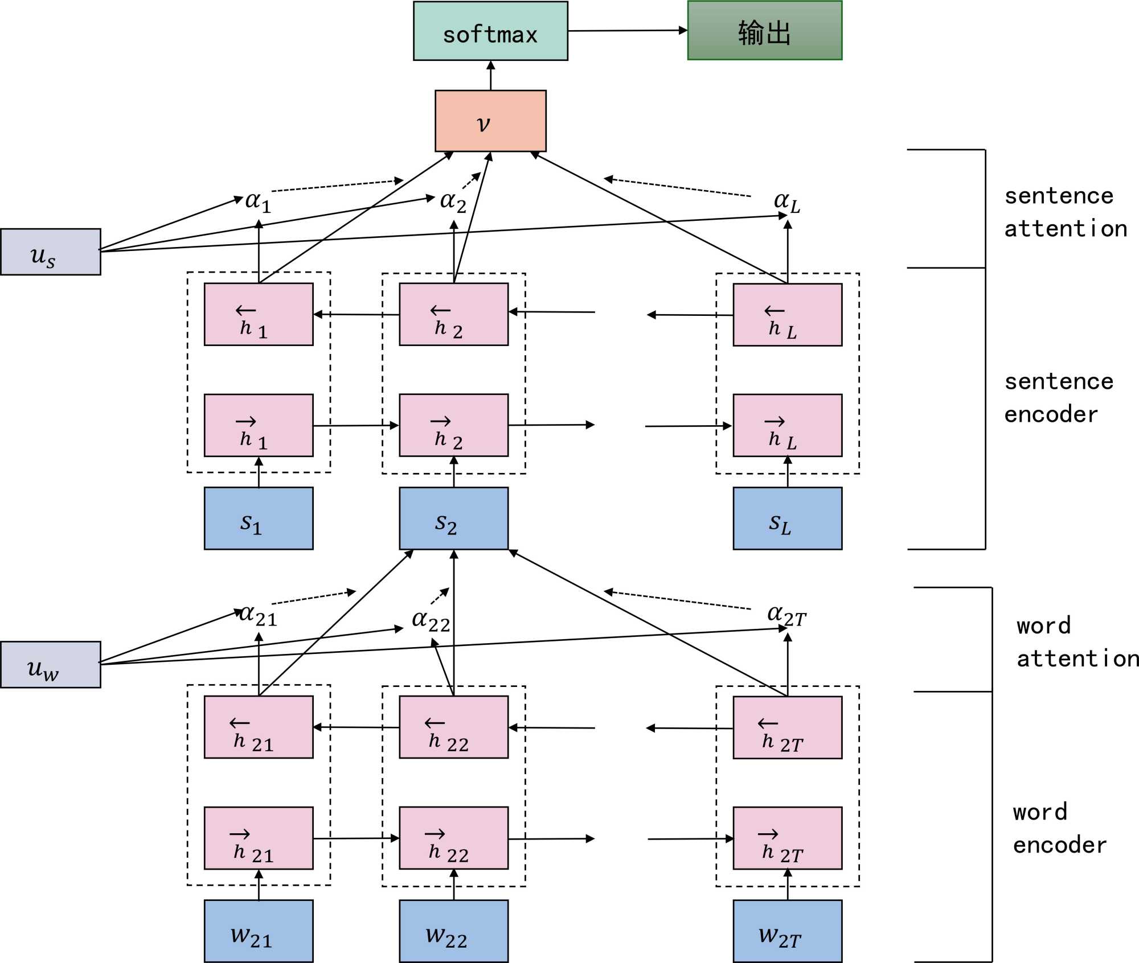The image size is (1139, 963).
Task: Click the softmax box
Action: pyautogui.click(x=490, y=31)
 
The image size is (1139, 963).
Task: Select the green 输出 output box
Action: pyautogui.click(x=764, y=31)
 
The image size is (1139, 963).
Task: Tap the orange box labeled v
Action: pyautogui.click(x=490, y=121)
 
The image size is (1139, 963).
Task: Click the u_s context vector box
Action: pyautogui.click(x=51, y=252)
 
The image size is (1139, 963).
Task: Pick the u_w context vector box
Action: pyautogui.click(x=51, y=665)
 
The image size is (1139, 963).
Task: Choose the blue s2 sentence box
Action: pyautogui.click(x=453, y=518)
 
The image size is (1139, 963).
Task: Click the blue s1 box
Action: pyautogui.click(x=259, y=518)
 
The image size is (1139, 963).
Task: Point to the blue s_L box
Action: pyautogui.click(x=787, y=518)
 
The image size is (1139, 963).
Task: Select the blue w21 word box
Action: pyautogui.click(x=259, y=931)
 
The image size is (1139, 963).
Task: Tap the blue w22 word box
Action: pyautogui.click(x=453, y=931)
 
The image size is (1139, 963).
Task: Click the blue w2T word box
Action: pyautogui.click(x=787, y=931)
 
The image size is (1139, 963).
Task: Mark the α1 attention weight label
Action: pyautogui.click(x=258, y=202)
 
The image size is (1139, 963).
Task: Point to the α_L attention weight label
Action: pyautogui.click(x=786, y=202)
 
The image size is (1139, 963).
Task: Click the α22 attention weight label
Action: pyautogui.click(x=431, y=621)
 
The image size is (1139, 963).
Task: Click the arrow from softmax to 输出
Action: pyautogui.click(x=627, y=31)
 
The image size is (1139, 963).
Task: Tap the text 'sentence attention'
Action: pyautogui.click(x=1065, y=212)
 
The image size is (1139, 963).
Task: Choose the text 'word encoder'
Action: pyautogui.click(x=1059, y=829)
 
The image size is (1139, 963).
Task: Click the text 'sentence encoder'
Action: pyautogui.click(x=1058, y=398)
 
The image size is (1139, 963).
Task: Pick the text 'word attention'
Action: pyautogui.click(x=1076, y=642)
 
